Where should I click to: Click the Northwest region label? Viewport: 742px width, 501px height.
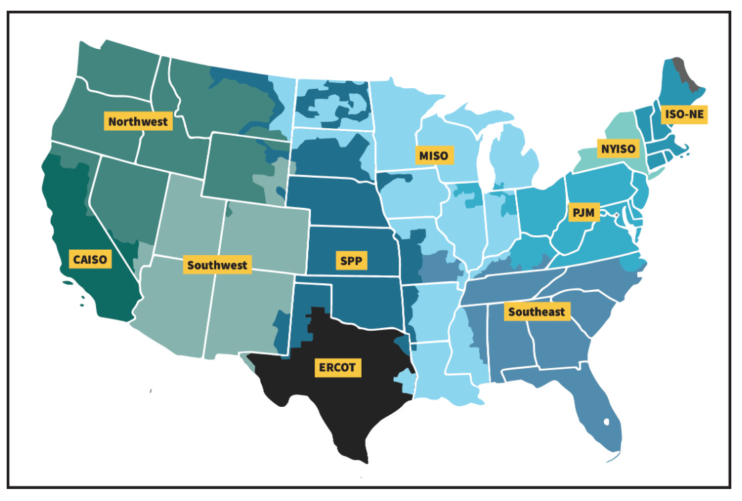[x=138, y=122]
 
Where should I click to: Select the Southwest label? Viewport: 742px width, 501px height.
[x=217, y=265]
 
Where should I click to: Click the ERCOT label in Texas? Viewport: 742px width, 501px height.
[x=337, y=367]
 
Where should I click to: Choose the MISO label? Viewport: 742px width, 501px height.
[x=434, y=156]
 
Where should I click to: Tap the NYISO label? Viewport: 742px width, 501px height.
[x=616, y=147]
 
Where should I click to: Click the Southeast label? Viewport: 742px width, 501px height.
[x=536, y=311]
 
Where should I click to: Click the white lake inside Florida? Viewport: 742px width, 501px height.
[x=606, y=422]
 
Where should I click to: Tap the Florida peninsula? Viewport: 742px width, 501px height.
[x=601, y=414]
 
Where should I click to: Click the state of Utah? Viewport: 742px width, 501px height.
[x=194, y=214]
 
